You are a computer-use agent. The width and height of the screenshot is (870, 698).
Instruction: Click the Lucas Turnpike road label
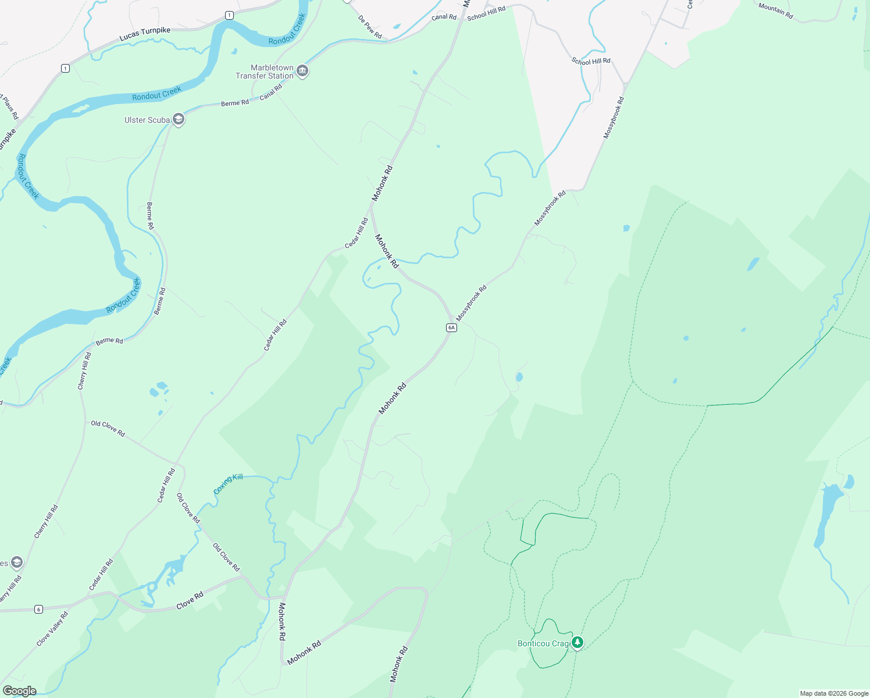pos(145,34)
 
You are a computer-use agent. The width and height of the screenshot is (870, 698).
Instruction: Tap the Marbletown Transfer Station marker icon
pos(302,72)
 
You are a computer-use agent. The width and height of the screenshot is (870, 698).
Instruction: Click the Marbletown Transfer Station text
pos(265,72)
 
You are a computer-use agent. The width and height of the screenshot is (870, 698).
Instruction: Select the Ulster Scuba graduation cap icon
pos(179,120)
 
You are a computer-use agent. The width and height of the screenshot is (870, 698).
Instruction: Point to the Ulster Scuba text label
pos(147,120)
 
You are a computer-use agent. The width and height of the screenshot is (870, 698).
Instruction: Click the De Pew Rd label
pos(370,27)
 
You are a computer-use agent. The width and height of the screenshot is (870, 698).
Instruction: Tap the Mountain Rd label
pos(776,10)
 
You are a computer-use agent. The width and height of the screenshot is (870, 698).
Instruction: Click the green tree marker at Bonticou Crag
pos(577,642)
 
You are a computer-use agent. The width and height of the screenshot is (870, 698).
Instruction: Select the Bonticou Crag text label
pos(543,643)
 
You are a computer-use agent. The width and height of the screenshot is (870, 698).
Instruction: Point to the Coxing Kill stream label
pos(228,483)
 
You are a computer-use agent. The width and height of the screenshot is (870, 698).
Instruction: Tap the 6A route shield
pos(451,327)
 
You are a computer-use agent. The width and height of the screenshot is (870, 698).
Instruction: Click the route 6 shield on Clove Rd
pos(38,609)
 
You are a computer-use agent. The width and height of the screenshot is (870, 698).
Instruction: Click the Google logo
pos(19,691)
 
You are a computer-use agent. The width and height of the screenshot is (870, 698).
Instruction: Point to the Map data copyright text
pos(834,693)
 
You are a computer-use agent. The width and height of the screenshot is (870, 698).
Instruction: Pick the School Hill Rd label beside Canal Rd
pos(486,13)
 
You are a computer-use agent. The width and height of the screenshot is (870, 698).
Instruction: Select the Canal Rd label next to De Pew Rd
pos(444,17)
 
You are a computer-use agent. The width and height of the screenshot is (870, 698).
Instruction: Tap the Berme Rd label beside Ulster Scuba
pos(235,103)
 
